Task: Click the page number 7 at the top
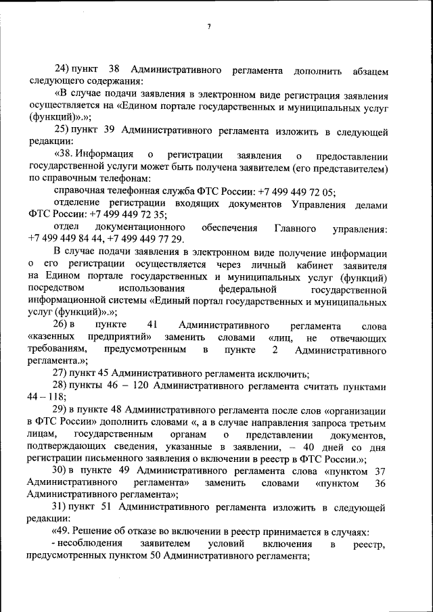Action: (210, 26)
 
